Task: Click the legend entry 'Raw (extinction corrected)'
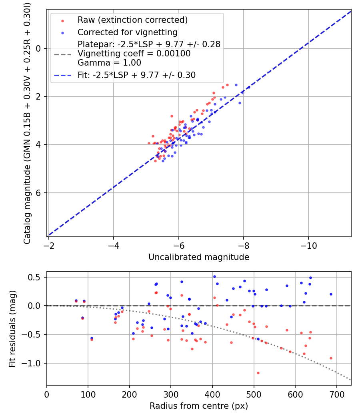pyautogui.click(x=132, y=20)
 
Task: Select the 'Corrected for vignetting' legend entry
pyautogui.click(x=127, y=32)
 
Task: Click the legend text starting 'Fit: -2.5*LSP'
pyautogui.click(x=136, y=75)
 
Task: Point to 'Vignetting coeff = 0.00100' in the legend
pyautogui.click(x=134, y=54)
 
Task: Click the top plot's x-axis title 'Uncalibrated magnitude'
pyautogui.click(x=199, y=257)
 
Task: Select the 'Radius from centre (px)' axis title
pyautogui.click(x=199, y=406)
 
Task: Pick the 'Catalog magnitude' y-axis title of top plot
pyautogui.click(x=27, y=122)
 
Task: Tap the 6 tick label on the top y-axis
pyautogui.click(x=39, y=193)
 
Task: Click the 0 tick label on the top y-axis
pyautogui.click(x=39, y=48)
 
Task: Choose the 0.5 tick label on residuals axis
pyautogui.click(x=36, y=277)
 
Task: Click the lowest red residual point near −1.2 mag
pyautogui.click(x=258, y=373)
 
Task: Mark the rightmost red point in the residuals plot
pyautogui.click(x=331, y=358)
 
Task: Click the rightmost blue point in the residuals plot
pyautogui.click(x=331, y=294)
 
